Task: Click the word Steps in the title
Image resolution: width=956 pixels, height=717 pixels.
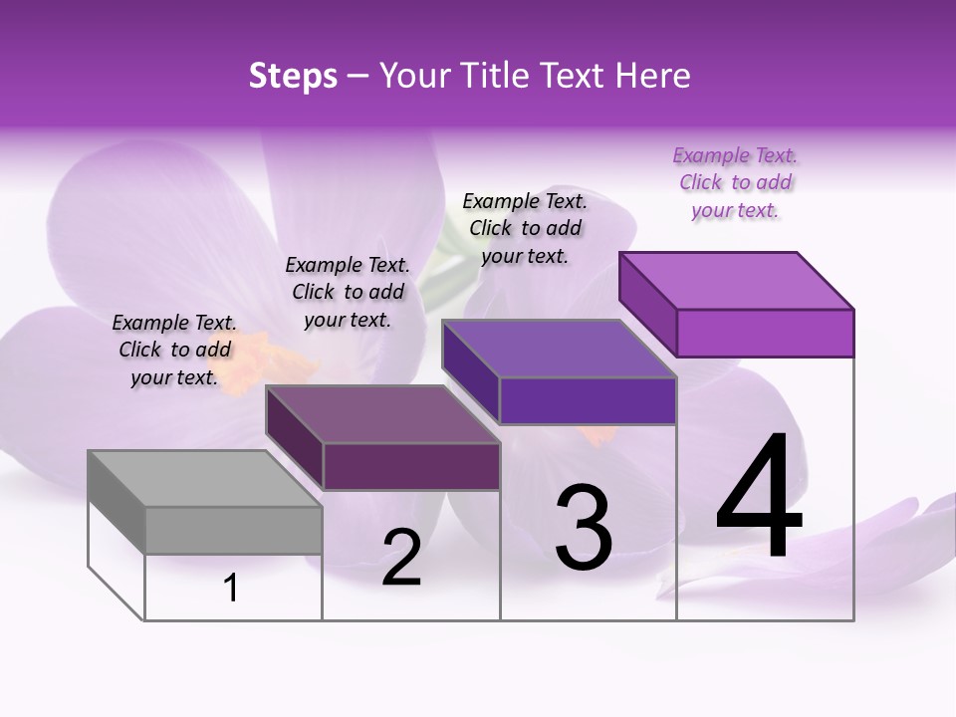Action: [292, 76]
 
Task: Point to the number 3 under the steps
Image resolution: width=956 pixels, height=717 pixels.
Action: [584, 528]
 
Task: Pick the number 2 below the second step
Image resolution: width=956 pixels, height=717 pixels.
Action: [401, 559]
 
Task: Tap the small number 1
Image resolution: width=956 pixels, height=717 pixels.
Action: [231, 589]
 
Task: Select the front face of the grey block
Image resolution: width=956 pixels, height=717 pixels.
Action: [233, 530]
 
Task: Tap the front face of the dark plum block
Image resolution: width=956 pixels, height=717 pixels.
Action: [411, 466]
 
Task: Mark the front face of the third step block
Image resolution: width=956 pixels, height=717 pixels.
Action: [588, 400]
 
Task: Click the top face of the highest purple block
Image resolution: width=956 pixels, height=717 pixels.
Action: [737, 280]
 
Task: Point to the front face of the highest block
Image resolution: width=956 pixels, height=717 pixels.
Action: [765, 333]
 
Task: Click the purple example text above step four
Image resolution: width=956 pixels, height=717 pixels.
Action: [735, 183]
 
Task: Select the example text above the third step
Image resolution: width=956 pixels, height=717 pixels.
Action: [525, 228]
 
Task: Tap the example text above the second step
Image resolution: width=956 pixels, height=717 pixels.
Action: [348, 292]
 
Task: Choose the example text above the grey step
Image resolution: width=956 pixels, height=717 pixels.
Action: [174, 350]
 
